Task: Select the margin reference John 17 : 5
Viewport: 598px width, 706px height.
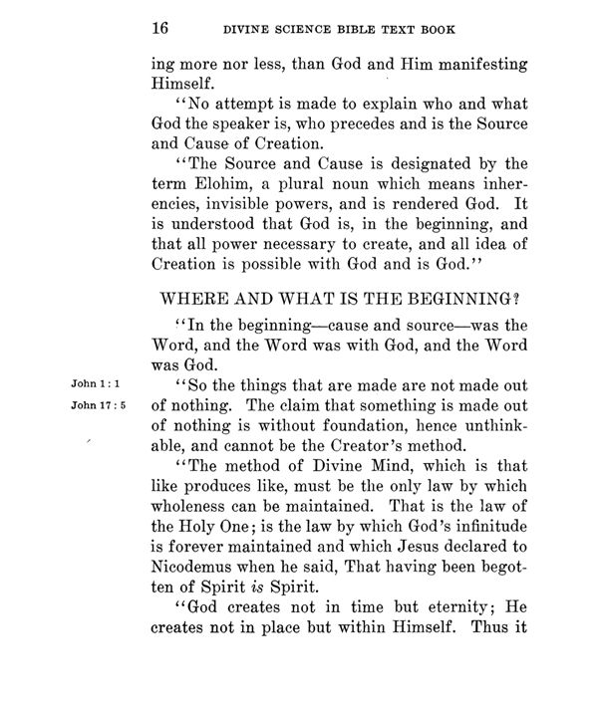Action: (x=97, y=405)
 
